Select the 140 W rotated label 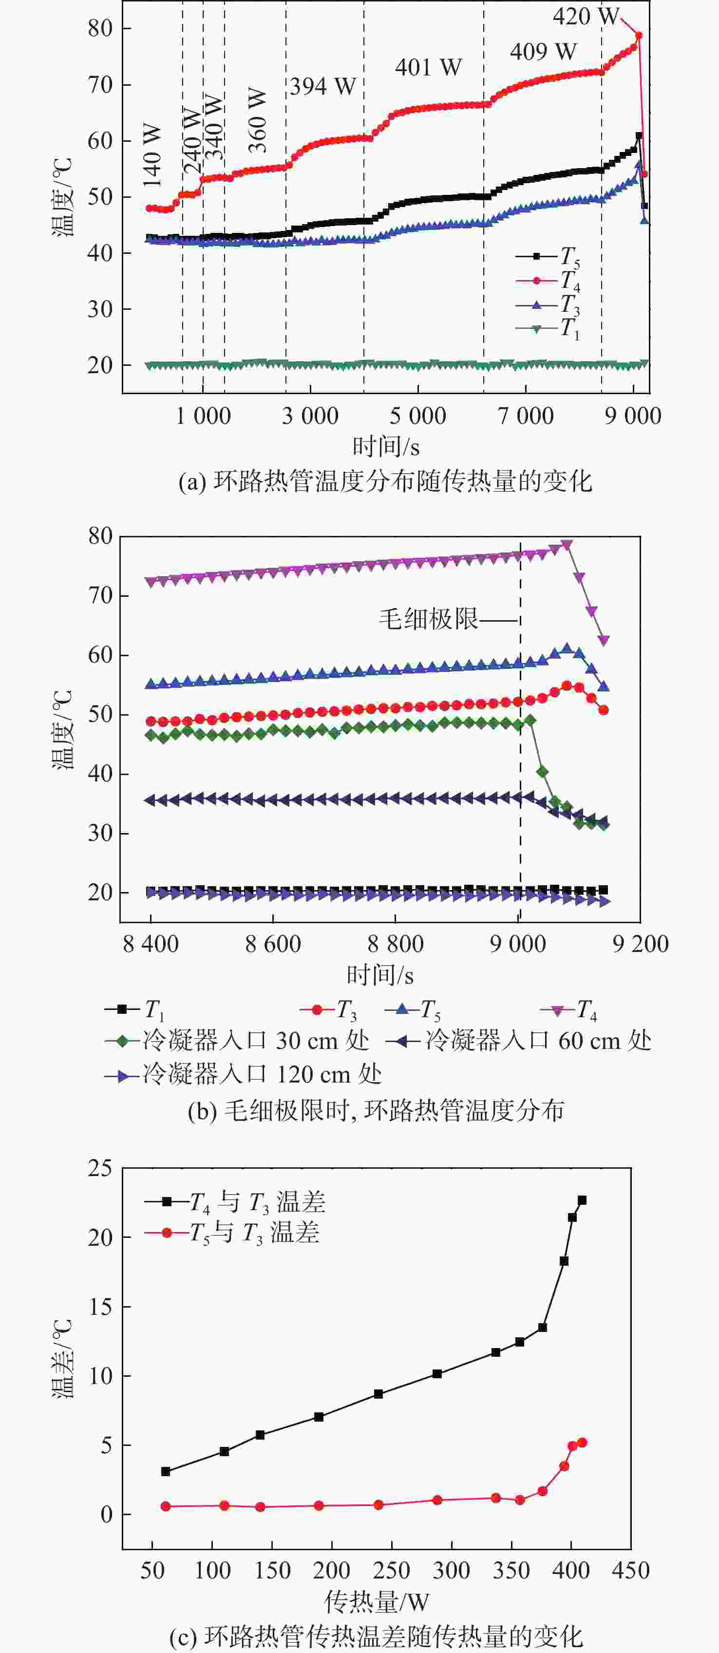coord(152,155)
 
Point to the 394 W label coord(322,86)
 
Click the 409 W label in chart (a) coord(543,51)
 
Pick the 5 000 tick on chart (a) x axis coord(417,416)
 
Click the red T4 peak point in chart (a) coord(638,35)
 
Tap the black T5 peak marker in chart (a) coord(639,136)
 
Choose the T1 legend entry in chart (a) coord(549,328)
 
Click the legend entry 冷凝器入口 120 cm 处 coord(244,1074)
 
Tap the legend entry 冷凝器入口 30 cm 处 coord(237,1041)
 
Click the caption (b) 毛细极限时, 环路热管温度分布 coord(376,1110)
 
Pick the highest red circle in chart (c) coord(582,1443)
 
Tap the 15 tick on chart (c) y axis coord(100,1307)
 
